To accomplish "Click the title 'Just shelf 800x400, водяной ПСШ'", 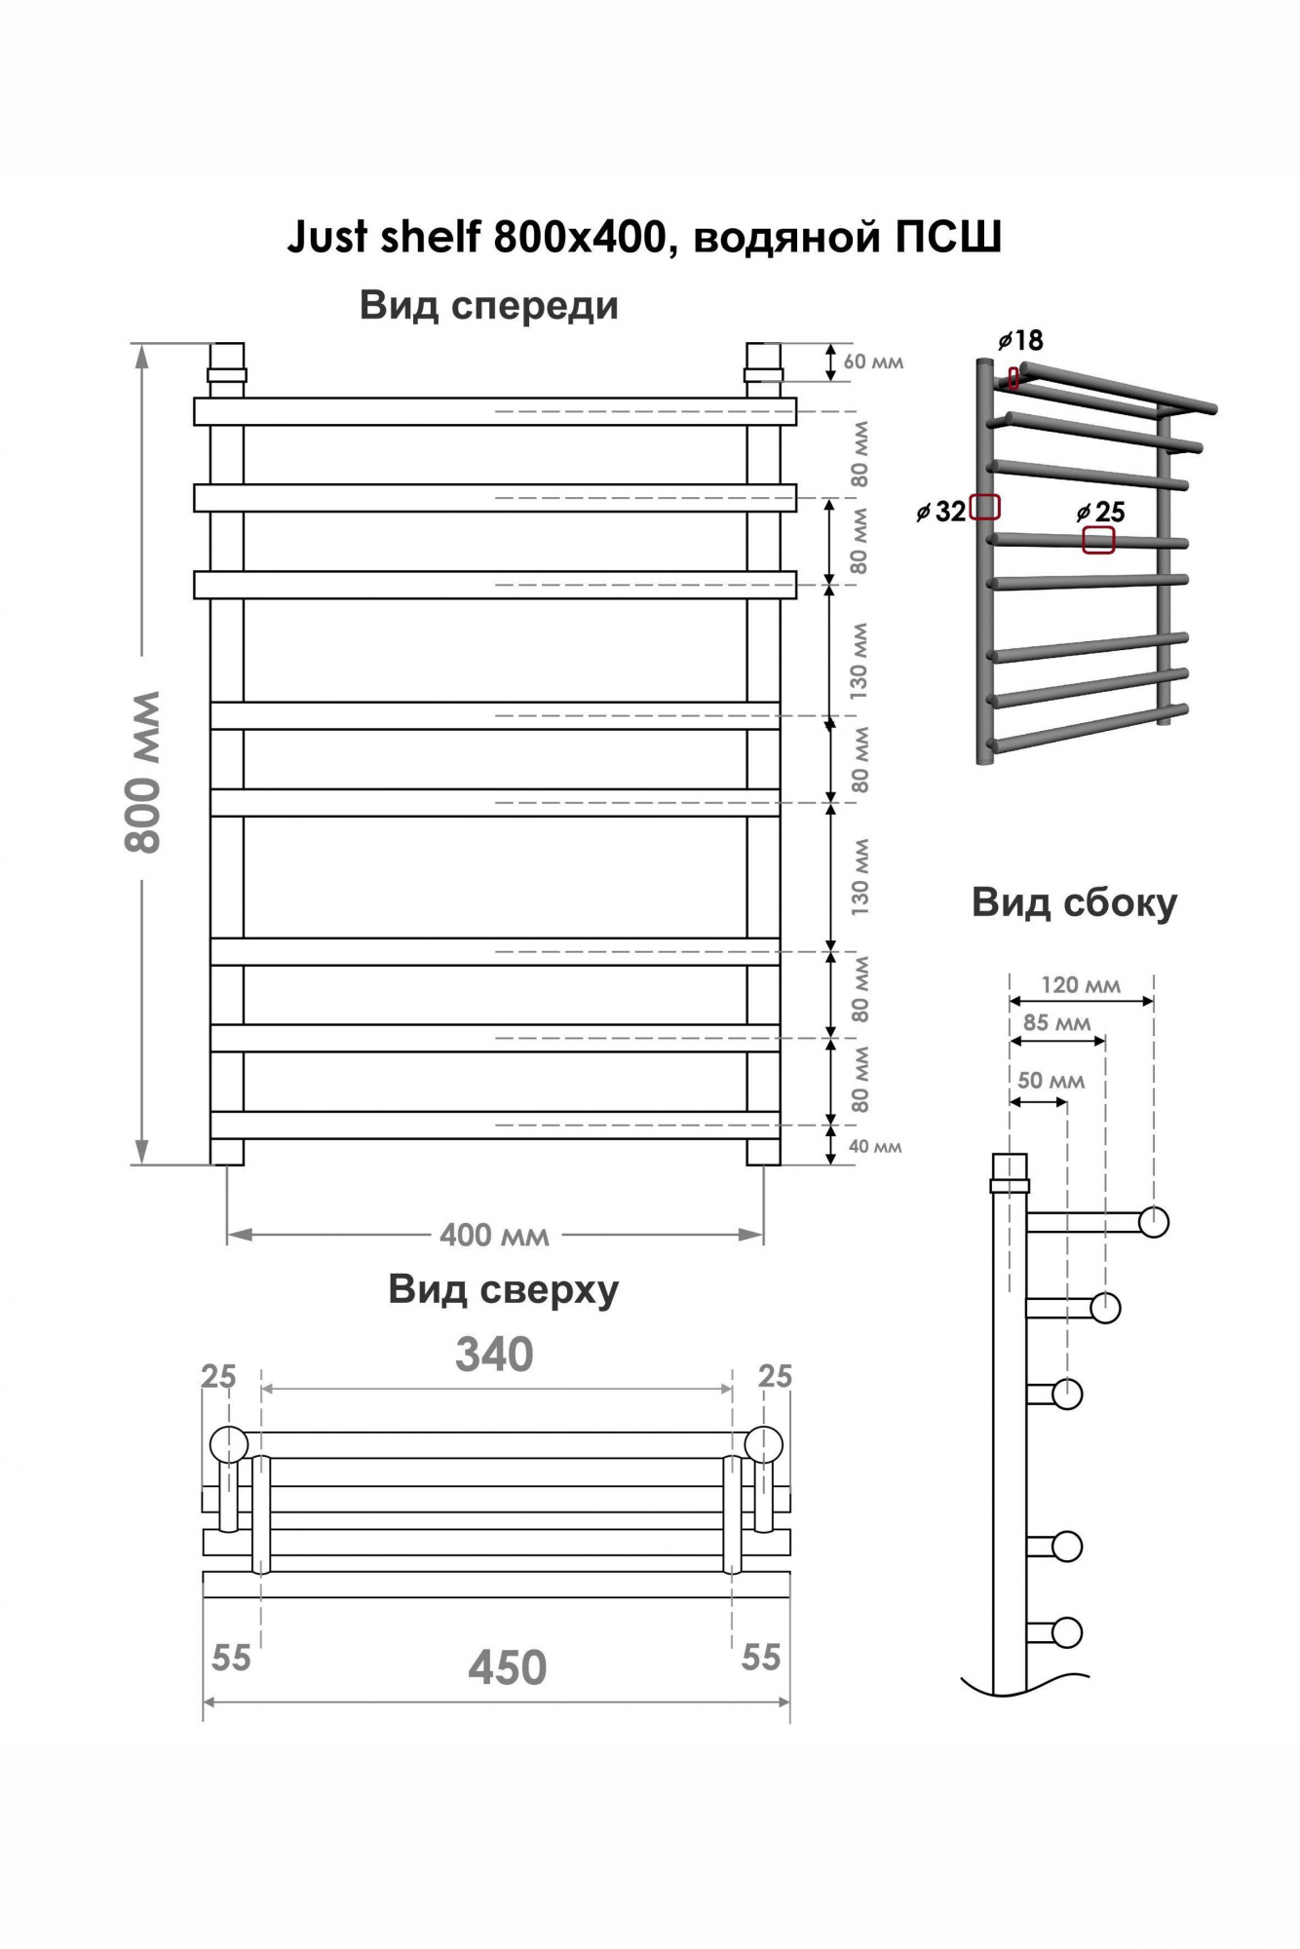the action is (x=644, y=237).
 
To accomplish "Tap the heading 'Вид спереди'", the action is (x=489, y=306).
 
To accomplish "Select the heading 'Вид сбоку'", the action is (x=1074, y=902).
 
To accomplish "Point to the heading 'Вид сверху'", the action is (x=504, y=1290).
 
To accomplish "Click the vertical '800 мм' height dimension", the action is (x=143, y=771).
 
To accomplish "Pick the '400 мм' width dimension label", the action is (x=494, y=1236).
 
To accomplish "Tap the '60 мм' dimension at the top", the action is (x=873, y=362).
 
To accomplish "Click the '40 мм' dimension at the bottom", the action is (x=875, y=1147).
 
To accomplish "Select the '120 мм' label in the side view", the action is (x=1081, y=984).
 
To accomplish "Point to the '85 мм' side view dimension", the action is (x=1057, y=1023).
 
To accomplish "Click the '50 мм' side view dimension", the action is (x=1051, y=1081).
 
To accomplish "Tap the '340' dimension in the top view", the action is (x=494, y=1355).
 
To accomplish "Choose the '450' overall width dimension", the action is (x=507, y=1667).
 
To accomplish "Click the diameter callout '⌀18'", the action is (x=1020, y=340).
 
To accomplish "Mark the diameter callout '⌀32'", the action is (x=941, y=511).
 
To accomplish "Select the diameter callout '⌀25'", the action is (x=1101, y=512).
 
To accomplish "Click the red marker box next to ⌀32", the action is (x=985, y=507).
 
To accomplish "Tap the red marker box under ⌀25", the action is (x=1099, y=540).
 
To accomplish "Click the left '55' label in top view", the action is (x=231, y=1658).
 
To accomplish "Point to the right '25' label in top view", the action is (x=775, y=1376).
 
